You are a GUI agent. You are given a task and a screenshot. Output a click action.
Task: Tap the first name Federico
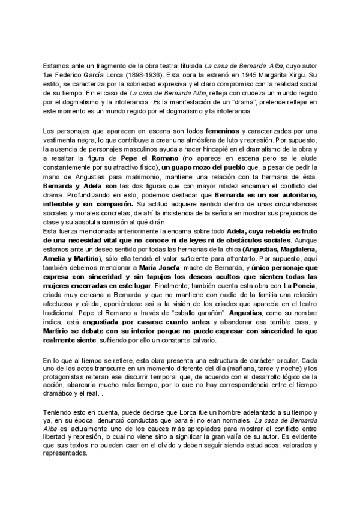tap(76, 76)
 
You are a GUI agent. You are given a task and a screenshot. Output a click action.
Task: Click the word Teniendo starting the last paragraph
tap(58, 414)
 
